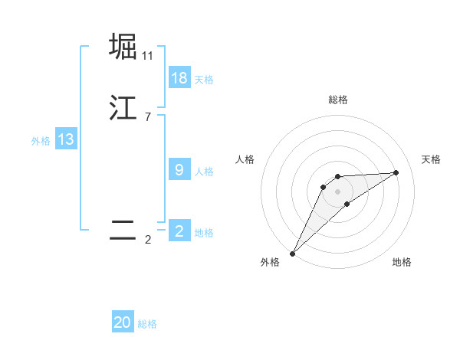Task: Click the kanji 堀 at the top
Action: [123, 47]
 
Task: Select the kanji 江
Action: [123, 108]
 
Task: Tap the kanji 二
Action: [123, 231]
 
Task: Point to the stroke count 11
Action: [147, 55]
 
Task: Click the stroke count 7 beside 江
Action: [147, 116]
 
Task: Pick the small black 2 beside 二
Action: [147, 240]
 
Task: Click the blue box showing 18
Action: [179, 78]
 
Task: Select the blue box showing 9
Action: [179, 170]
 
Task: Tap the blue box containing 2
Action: [179, 231]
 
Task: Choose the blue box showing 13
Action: [66, 139]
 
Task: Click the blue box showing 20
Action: [123, 322]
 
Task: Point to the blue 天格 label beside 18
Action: [204, 80]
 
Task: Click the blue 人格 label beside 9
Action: [204, 172]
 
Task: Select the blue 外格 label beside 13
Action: [41, 141]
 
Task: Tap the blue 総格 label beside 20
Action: [147, 324]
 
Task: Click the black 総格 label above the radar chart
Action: [337, 100]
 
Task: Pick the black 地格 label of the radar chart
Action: [402, 263]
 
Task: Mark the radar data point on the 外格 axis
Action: [292, 254]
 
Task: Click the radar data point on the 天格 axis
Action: [396, 172]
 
